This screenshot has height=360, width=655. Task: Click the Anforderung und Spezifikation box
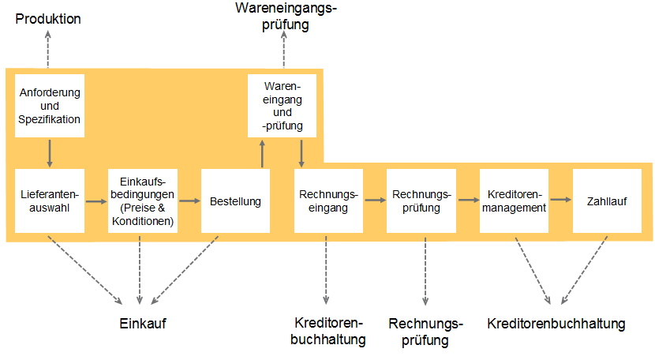tap(50, 105)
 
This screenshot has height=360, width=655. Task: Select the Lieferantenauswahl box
tap(50, 201)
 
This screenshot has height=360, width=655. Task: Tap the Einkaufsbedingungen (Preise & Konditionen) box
tap(142, 201)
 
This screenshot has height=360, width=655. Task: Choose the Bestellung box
tap(235, 201)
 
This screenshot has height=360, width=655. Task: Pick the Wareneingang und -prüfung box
tap(282, 104)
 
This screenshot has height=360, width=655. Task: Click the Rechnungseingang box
tap(328, 201)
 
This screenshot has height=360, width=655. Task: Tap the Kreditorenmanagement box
tap(514, 201)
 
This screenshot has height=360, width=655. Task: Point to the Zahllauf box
tap(607, 201)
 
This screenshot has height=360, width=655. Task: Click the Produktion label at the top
tap(49, 18)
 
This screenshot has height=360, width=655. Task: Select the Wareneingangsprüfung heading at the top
tap(285, 16)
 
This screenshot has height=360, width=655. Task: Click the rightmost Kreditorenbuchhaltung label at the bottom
tap(556, 324)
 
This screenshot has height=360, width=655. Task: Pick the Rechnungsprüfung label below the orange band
tap(425, 332)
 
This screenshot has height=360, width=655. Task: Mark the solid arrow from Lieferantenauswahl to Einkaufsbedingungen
tap(95, 201)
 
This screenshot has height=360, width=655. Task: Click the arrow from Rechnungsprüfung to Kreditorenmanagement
tap(467, 201)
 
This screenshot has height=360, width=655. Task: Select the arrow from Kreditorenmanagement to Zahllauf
tap(560, 201)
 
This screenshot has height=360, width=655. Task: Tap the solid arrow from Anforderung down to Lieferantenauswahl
tap(50, 152)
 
